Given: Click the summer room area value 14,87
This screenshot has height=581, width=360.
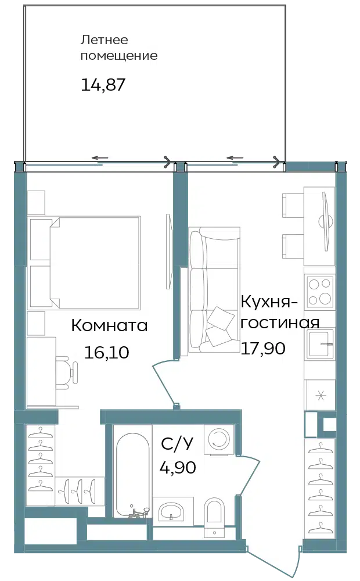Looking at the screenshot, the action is (x=103, y=84).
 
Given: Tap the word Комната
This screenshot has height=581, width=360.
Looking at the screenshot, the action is (x=109, y=325).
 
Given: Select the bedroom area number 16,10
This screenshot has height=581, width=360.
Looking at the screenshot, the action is (x=107, y=352).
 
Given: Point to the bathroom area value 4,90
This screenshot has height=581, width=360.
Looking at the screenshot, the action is (x=178, y=467).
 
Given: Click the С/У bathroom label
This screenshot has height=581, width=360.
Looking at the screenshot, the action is (x=177, y=443).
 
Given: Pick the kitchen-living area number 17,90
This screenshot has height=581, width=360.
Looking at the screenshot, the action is (x=263, y=348).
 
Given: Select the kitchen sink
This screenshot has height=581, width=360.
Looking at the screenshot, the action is (x=320, y=343).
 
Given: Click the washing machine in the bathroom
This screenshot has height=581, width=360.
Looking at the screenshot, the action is (x=219, y=439).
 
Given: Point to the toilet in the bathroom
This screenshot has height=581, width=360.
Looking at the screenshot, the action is (x=214, y=517).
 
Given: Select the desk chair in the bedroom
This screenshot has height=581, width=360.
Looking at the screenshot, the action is (x=67, y=372).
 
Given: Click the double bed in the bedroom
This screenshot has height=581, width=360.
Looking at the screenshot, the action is (x=85, y=263).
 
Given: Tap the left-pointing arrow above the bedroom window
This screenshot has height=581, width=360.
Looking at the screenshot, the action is (x=100, y=158).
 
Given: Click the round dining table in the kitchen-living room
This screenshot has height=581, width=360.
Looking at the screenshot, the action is (x=326, y=222).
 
